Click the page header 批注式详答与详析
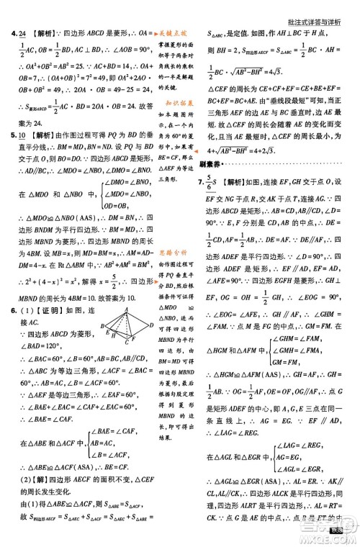click(x=316, y=8)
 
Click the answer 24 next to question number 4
click(x=23, y=34)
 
